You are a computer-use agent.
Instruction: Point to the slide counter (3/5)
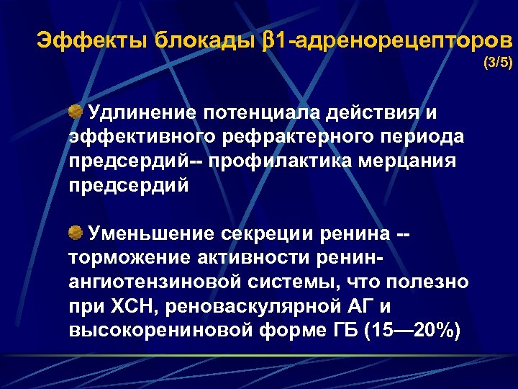coord(498,63)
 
